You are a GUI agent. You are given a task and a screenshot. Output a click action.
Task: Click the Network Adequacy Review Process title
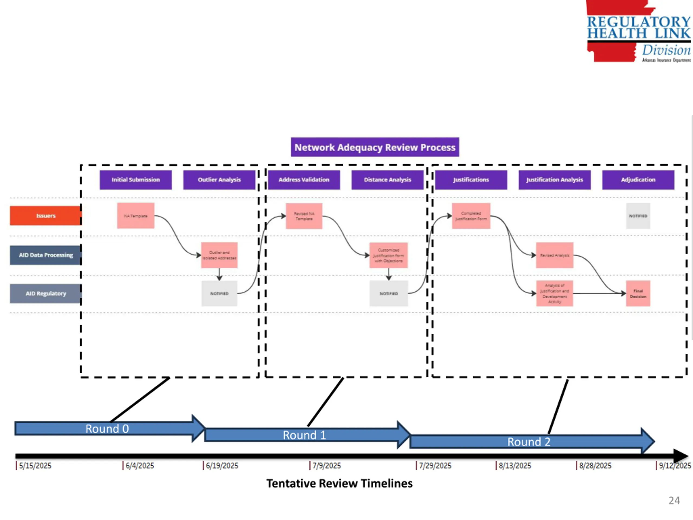[x=375, y=147]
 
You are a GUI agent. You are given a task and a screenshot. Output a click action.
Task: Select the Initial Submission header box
[x=136, y=180]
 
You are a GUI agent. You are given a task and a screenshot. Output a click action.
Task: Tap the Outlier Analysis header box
[x=219, y=180]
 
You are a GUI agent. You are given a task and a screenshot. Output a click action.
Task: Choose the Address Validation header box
[x=304, y=180]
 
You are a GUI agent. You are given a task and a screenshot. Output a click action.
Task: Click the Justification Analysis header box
[x=554, y=180]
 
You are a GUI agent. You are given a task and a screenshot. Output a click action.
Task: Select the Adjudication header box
[x=638, y=180]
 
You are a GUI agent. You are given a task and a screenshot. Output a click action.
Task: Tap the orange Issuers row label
[x=46, y=216]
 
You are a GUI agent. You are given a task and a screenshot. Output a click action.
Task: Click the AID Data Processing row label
[x=46, y=255]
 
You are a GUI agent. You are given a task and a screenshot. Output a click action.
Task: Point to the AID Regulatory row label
[x=46, y=293]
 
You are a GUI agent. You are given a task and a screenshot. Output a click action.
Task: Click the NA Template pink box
[x=136, y=216]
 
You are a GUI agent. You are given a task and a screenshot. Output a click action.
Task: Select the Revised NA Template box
[x=304, y=216]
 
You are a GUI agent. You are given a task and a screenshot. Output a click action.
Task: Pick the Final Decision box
[x=638, y=293]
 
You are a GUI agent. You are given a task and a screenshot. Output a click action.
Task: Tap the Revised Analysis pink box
[x=554, y=255]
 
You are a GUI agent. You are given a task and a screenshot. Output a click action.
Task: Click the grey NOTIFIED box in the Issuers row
[x=638, y=216]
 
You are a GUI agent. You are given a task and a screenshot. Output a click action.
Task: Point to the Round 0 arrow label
[x=107, y=428]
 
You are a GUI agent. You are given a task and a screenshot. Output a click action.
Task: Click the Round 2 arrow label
[x=529, y=442]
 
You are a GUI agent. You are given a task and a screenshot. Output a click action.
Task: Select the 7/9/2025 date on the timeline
[x=326, y=466]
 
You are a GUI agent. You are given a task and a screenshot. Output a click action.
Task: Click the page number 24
[x=674, y=500]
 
